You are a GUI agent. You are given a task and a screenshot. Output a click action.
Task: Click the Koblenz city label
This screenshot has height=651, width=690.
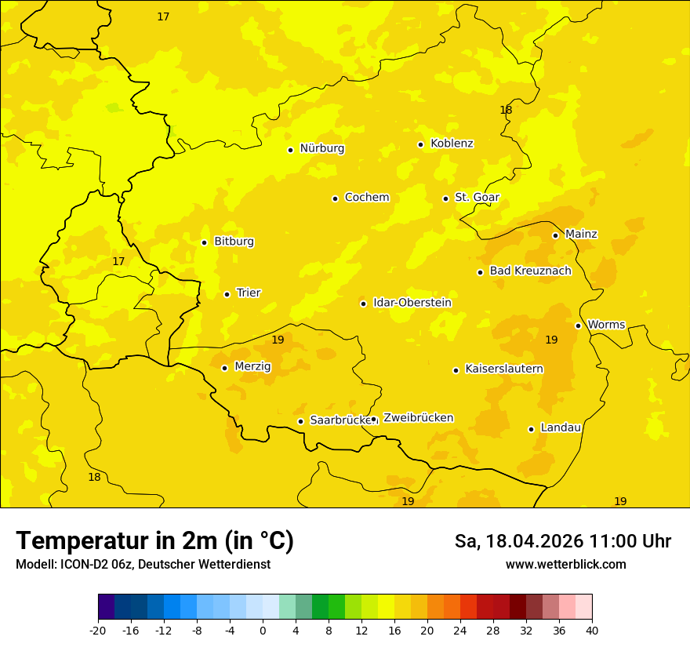[452, 144]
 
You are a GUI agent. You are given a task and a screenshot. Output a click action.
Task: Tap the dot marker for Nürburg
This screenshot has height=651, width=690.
[290, 150]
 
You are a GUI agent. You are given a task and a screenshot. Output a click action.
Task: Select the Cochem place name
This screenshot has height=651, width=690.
[367, 198]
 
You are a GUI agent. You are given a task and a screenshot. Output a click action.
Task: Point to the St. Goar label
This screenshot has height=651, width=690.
[477, 198]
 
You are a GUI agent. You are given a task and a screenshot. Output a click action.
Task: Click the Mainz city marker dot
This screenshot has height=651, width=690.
[555, 235]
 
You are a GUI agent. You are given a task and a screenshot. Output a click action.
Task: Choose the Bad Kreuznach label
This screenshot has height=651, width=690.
[530, 271]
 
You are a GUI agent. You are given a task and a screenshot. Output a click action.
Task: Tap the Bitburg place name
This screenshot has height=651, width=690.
[234, 242]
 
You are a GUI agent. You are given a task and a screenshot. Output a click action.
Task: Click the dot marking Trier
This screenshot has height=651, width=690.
[227, 294]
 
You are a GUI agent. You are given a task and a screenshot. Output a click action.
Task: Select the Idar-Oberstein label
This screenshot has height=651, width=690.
[412, 303]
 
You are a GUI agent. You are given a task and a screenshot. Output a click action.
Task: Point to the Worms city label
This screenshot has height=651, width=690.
[606, 325]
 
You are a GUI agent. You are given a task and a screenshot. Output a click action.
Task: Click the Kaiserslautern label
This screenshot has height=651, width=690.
[504, 369]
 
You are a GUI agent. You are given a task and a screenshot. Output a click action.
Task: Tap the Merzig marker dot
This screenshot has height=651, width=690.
[224, 368]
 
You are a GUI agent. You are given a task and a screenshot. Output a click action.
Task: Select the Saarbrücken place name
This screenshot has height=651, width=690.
[340, 420]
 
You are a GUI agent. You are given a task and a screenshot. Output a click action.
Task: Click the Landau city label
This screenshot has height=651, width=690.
[561, 427]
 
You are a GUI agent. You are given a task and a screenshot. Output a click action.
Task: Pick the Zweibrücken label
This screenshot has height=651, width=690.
[418, 418]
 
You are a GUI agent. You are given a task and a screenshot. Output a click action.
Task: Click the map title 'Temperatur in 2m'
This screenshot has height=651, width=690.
[154, 541]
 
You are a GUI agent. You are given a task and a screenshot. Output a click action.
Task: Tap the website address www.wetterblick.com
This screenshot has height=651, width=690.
[565, 564]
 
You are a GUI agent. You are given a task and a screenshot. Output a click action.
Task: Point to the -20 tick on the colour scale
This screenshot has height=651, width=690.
[98, 631]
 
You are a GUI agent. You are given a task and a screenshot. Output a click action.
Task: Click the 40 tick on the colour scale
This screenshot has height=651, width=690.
[592, 631]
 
